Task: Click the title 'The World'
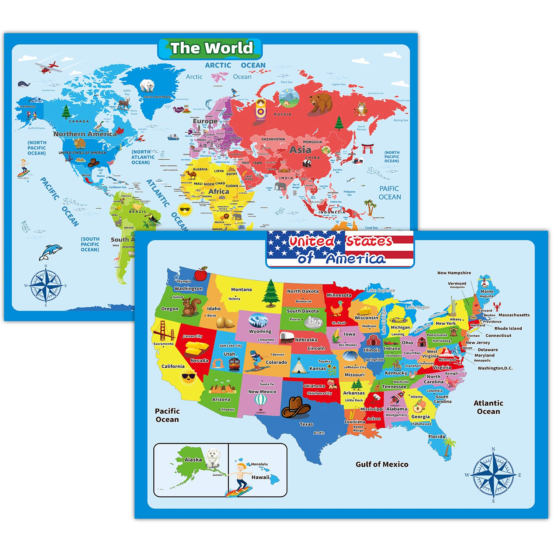point(212,48)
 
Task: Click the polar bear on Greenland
point(147,86)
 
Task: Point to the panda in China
point(307,163)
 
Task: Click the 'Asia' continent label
point(300,150)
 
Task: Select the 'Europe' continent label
point(205,121)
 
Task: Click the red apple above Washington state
point(201,274)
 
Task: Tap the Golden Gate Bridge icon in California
point(162,330)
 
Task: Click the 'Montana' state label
point(241,289)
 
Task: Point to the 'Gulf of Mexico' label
point(382,465)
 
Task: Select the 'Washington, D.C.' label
point(495,368)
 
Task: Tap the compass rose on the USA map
point(493,475)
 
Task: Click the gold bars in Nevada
point(197,349)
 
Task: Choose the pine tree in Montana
point(271,293)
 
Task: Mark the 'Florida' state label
point(437,437)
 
